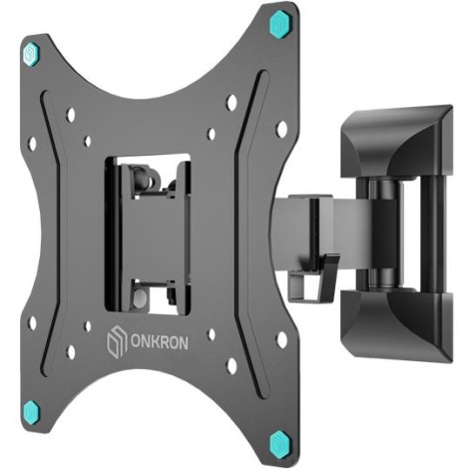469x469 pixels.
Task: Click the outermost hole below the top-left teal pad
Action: [x=32, y=142]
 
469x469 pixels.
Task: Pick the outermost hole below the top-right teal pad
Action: [x=282, y=127]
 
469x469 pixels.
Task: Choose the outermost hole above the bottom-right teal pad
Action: [x=281, y=339]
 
